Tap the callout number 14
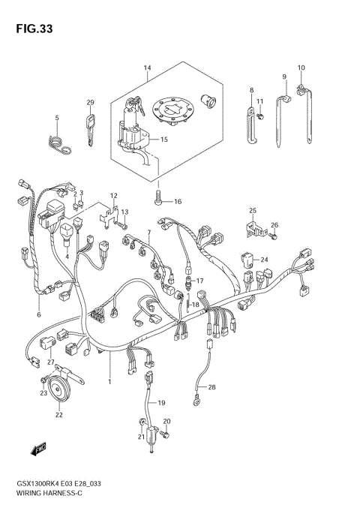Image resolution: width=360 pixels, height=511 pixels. tap(148, 69)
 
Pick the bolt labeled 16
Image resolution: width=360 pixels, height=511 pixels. tap(158, 199)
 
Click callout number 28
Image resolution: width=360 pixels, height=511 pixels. tap(212, 387)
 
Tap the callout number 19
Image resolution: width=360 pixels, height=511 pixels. tap(161, 403)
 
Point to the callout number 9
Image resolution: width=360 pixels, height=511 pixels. tap(284, 77)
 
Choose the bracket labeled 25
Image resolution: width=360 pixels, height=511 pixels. tap(252, 227)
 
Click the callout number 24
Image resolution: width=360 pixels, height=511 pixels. tap(264, 260)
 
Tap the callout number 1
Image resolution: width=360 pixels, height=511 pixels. tap(109, 381)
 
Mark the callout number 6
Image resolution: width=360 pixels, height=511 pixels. tap(38, 304)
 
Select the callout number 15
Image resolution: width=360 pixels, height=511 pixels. tap(164, 140)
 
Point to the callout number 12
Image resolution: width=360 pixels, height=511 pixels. tap(114, 196)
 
